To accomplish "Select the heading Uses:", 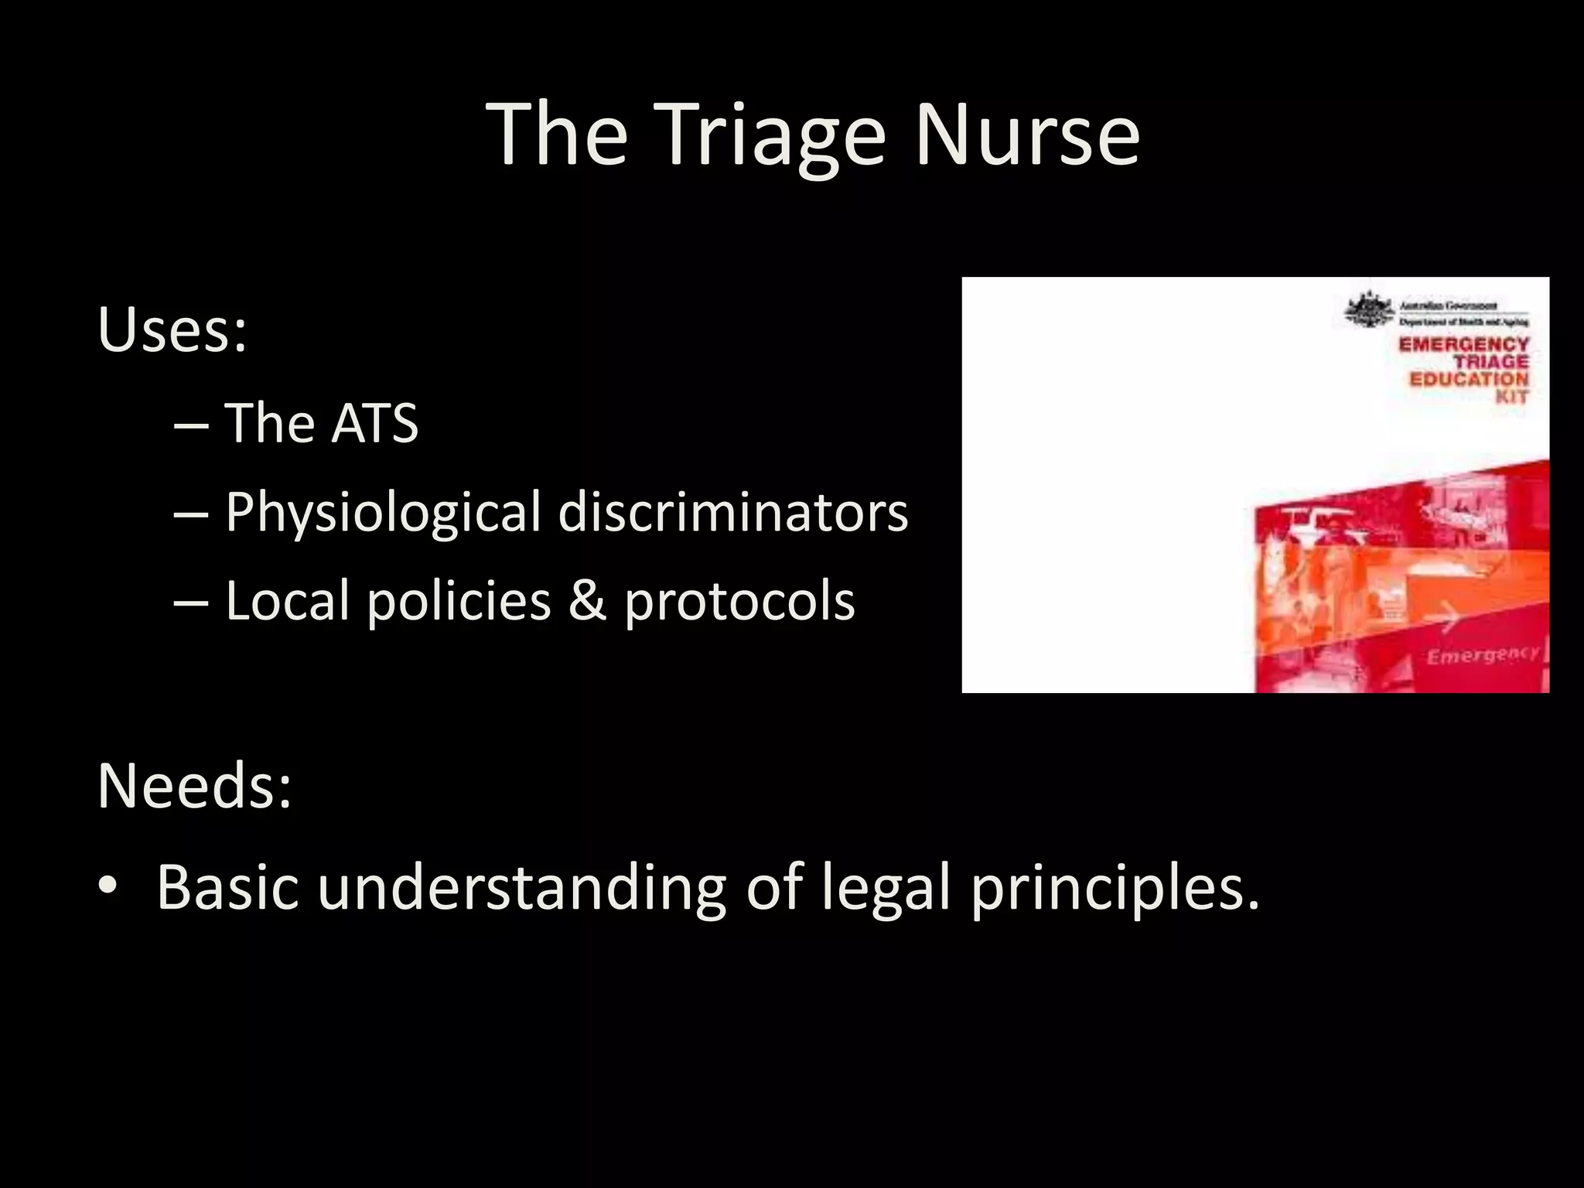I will pos(172,330).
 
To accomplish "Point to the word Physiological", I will pos(383,514).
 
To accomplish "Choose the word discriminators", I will pos(732,512).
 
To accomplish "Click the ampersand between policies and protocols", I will pos(587,601).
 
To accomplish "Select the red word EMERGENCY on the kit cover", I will pos(1463,344).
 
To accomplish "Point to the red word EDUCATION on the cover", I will pos(1469,379).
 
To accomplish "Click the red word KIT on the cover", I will pos(1511,397).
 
